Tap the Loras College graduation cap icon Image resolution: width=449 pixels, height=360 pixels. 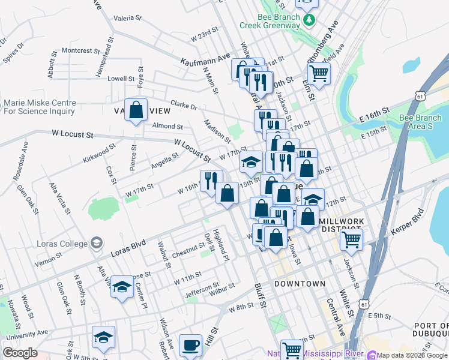[x=96, y=244]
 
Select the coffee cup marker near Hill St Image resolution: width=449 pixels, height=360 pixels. [x=191, y=345]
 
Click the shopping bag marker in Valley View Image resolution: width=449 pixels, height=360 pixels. [x=136, y=110]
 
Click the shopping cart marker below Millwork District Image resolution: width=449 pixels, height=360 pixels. [x=351, y=241]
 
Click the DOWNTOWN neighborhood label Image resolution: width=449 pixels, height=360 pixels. [x=300, y=283]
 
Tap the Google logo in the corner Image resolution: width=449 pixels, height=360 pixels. [x=20, y=353]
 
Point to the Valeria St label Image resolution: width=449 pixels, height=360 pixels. [x=127, y=18]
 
